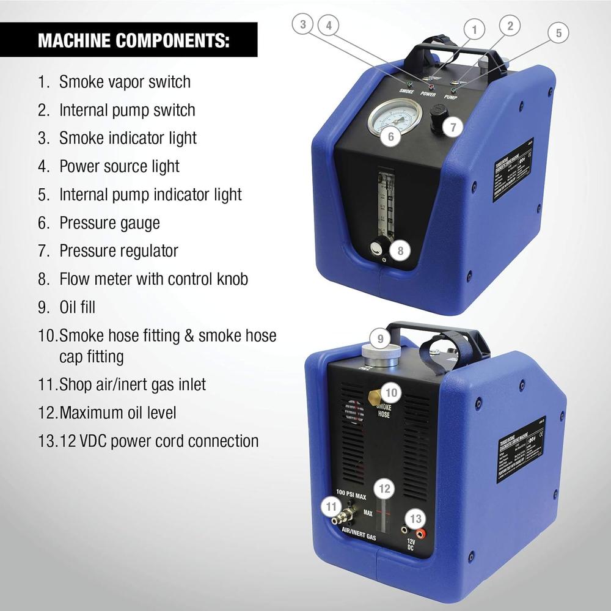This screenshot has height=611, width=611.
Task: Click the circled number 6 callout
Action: pyautogui.click(x=391, y=136)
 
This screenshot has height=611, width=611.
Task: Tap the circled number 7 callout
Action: pyautogui.click(x=453, y=128)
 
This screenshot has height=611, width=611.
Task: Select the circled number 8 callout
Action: pyautogui.click(x=400, y=250)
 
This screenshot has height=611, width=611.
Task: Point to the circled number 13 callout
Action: pyautogui.click(x=416, y=519)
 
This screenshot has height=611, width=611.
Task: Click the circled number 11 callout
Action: pyautogui.click(x=331, y=506)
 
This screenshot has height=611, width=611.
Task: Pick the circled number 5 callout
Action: pyautogui.click(x=558, y=33)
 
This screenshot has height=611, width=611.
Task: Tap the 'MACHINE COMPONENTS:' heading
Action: pyautogui.click(x=134, y=40)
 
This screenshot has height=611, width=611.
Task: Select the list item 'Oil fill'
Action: pyautogui.click(x=77, y=307)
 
